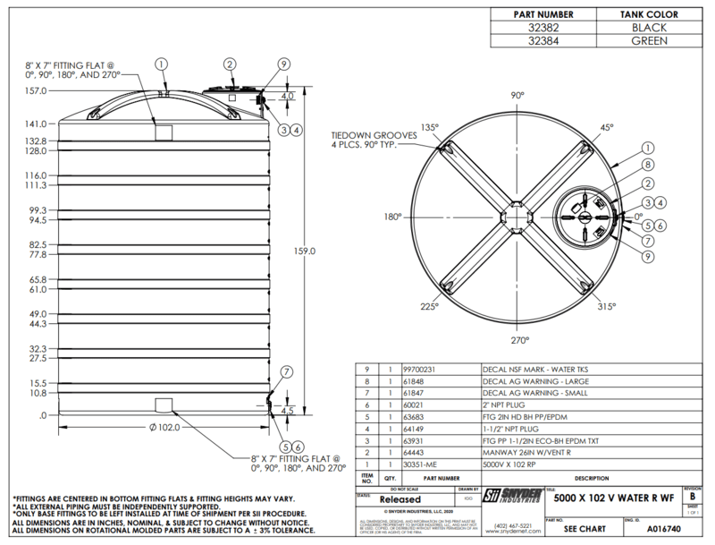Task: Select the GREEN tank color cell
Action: tap(649, 41)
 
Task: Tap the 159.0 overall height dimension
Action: tap(306, 251)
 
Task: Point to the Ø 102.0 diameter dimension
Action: tap(162, 427)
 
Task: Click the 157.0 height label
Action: tap(35, 90)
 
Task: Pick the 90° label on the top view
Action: tap(517, 95)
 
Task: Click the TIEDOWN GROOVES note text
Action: tap(367, 136)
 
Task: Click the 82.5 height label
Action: tap(37, 244)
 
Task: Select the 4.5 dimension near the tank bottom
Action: tap(286, 411)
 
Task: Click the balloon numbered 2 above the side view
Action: tap(230, 64)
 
